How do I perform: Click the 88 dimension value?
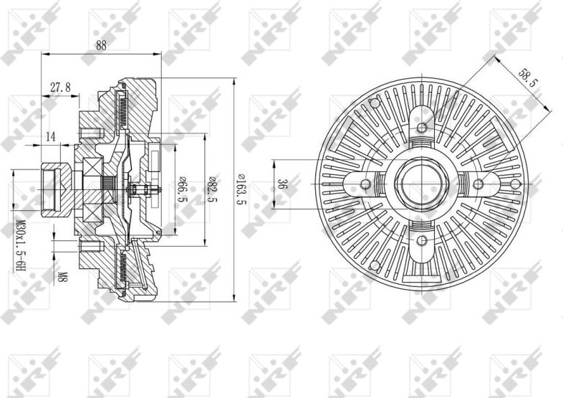click(x=101, y=46)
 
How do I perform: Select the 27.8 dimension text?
click(x=60, y=87)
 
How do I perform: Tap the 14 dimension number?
click(x=52, y=137)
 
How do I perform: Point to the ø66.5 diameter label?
click(x=182, y=189)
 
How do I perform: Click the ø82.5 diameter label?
click(x=213, y=189)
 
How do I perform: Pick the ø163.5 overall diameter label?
click(x=242, y=189)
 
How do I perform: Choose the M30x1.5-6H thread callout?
click(x=21, y=246)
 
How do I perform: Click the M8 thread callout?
click(x=62, y=277)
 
